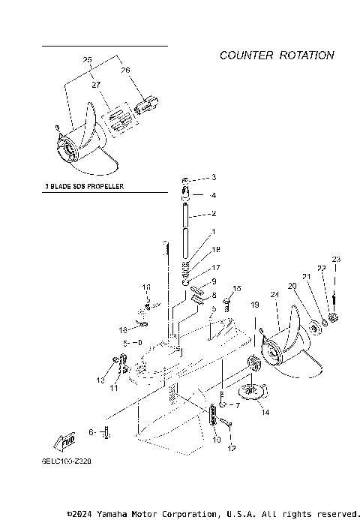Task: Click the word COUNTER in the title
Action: (x=246, y=56)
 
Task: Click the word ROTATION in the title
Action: (x=306, y=56)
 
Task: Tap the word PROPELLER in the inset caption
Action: (x=103, y=185)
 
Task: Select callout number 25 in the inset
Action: (x=88, y=59)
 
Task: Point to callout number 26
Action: (x=125, y=70)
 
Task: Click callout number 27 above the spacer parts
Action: (x=95, y=86)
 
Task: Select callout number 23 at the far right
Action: (x=336, y=260)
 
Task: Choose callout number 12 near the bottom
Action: (x=232, y=448)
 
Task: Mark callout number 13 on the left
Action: (x=100, y=381)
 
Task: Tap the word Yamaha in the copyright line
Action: (x=107, y=514)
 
